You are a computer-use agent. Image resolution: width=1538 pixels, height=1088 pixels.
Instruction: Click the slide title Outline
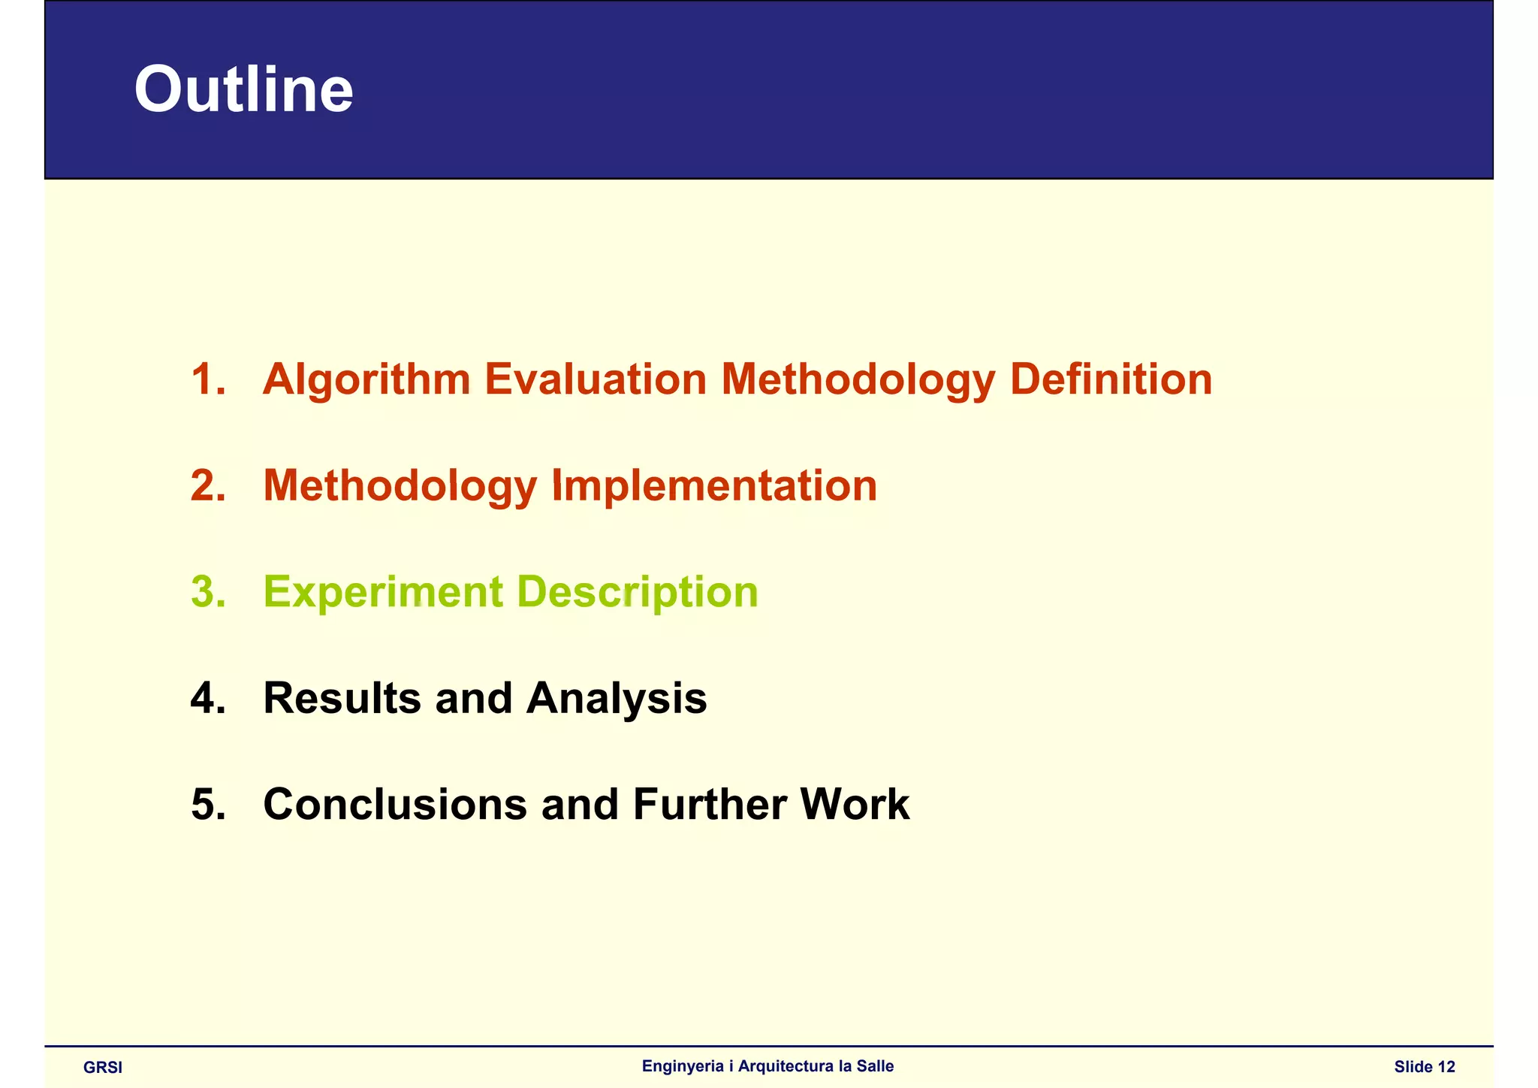click(x=243, y=90)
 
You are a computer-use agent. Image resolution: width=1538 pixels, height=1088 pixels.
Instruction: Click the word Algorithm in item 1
click(x=366, y=380)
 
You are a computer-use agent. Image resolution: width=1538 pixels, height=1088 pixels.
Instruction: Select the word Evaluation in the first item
click(x=596, y=379)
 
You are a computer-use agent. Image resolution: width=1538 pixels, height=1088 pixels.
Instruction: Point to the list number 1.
click(x=207, y=379)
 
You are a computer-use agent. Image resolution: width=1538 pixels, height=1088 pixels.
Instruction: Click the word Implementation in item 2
click(x=713, y=485)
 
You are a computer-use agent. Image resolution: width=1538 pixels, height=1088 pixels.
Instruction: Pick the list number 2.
click(x=207, y=485)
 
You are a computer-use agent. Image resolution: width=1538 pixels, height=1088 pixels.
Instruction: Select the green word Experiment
click(x=382, y=593)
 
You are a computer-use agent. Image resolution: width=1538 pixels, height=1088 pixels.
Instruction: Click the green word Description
click(x=638, y=593)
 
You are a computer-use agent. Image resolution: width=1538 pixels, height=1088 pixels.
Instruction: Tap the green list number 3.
click(x=207, y=592)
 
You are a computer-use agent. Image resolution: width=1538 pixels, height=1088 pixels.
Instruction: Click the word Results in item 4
click(x=342, y=698)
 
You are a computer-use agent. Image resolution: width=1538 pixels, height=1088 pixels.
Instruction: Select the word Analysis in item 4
click(x=616, y=700)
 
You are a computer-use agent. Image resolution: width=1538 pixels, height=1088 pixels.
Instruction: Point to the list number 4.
click(x=207, y=699)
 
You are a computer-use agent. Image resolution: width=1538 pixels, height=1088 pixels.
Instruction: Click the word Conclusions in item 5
click(x=395, y=805)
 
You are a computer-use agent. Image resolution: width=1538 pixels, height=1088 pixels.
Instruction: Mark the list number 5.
click(x=207, y=805)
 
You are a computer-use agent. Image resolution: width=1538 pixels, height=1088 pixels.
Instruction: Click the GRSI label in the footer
click(x=103, y=1068)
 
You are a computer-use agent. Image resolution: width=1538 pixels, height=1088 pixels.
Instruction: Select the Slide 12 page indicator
click(x=1424, y=1067)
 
